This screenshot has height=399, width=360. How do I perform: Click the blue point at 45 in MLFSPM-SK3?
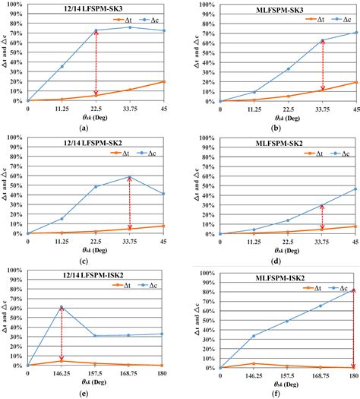[x=356, y=33]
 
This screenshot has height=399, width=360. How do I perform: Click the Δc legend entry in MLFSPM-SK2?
[x=343, y=153]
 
